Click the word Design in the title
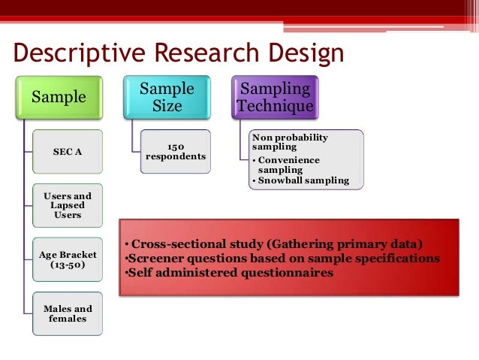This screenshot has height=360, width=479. coord(303,53)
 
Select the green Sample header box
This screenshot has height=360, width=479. coord(58,97)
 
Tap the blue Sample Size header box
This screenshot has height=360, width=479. coord(167,97)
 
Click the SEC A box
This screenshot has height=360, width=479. coord(68,151)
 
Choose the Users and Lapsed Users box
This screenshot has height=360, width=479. coord(68,205)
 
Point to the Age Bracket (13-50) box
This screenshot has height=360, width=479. coord(68,259)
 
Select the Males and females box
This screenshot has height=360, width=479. coord(68,313)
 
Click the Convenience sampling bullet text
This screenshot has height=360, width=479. coord(287,165)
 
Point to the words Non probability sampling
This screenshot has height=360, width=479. coord(290,143)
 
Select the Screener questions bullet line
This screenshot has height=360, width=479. coord(281,258)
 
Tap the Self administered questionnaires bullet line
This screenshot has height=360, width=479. coord(227,273)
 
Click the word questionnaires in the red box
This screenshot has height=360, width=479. coord(288,273)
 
